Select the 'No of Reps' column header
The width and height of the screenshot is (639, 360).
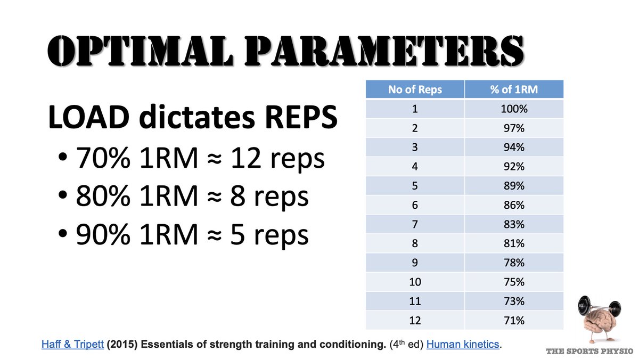(415, 89)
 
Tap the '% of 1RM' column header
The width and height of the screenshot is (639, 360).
(514, 89)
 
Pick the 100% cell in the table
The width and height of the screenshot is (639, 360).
(514, 109)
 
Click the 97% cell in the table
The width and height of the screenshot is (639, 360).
(514, 128)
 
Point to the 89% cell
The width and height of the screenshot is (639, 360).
(514, 186)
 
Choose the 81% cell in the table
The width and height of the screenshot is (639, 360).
(514, 243)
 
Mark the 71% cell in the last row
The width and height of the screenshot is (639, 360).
(514, 321)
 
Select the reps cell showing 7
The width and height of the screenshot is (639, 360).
(415, 224)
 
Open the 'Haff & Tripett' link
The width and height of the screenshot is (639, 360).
(73, 345)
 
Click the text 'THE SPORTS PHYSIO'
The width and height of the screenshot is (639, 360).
(589, 351)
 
